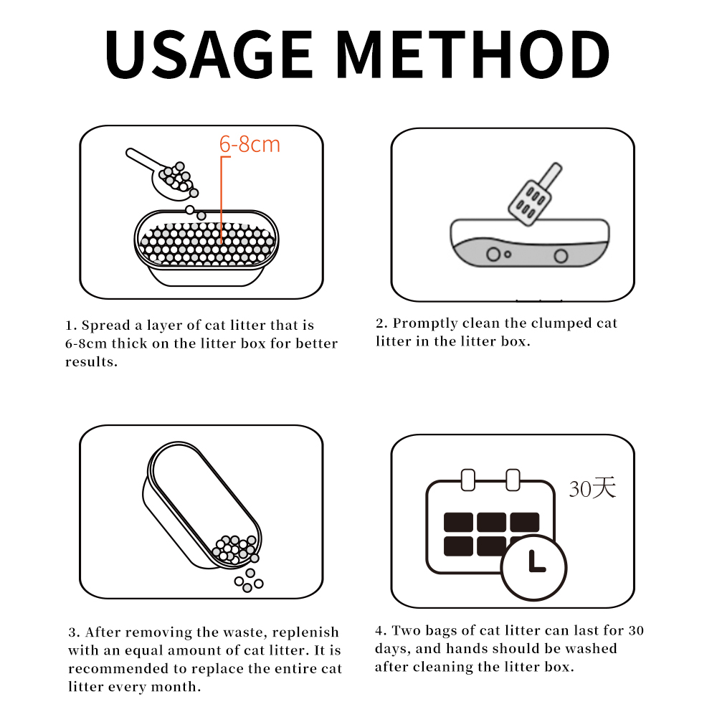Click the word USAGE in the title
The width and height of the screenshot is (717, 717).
(x=209, y=54)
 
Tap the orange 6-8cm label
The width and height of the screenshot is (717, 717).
(x=250, y=145)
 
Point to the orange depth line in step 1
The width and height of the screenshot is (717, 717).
(x=222, y=199)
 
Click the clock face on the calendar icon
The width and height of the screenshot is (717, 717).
(x=533, y=567)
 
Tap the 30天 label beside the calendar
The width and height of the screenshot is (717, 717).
(x=592, y=488)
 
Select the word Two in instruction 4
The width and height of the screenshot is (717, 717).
(x=406, y=630)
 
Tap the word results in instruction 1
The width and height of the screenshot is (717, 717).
(x=91, y=361)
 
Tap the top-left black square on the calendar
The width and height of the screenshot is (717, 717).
(x=458, y=522)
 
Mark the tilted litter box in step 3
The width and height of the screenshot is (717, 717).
(x=202, y=505)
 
